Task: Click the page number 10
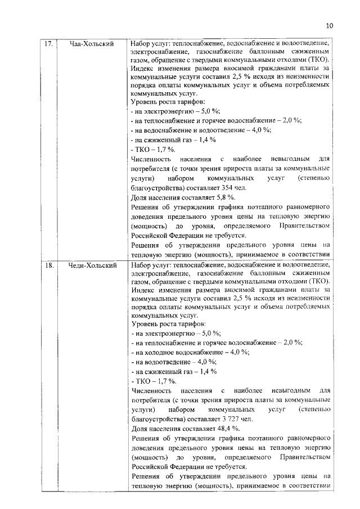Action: [x=329, y=26]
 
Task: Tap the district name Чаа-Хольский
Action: [x=92, y=43]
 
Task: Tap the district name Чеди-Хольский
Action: [x=92, y=264]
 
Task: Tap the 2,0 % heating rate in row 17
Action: [x=291, y=120]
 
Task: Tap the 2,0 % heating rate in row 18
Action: [x=291, y=342]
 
